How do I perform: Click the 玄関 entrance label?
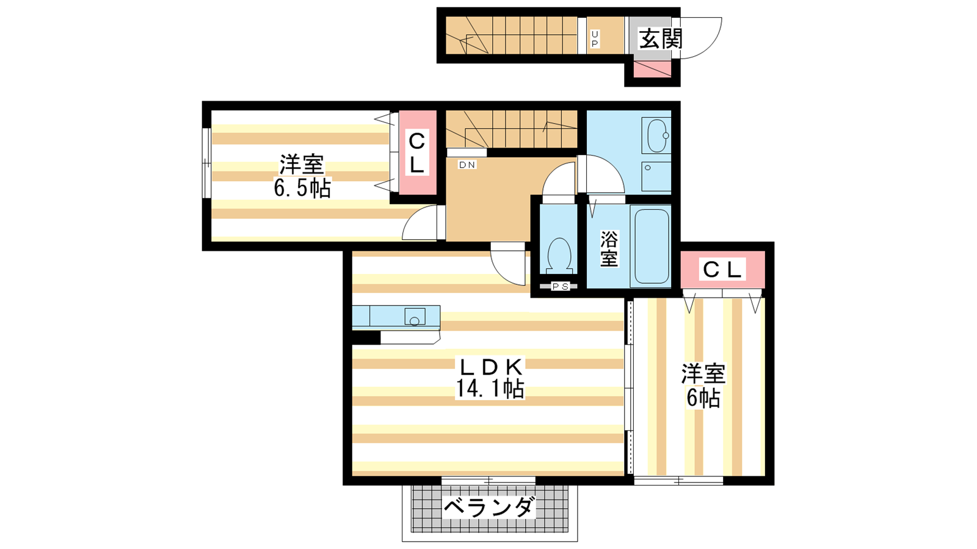click(x=660, y=39)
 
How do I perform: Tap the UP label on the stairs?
click(x=595, y=39)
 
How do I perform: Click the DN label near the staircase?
click(x=467, y=165)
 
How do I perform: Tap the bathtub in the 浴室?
click(x=652, y=246)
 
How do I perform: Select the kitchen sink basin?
click(x=415, y=317)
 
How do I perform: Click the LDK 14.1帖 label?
click(x=489, y=378)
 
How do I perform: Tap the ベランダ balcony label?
click(x=489, y=507)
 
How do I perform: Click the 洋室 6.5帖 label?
click(x=302, y=176)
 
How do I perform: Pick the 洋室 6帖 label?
click(x=703, y=386)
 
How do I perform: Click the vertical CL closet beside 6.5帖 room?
click(x=418, y=153)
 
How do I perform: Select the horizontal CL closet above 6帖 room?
click(x=723, y=270)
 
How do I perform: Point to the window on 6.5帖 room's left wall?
click(x=206, y=163)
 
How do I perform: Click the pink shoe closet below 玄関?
click(x=652, y=70)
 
